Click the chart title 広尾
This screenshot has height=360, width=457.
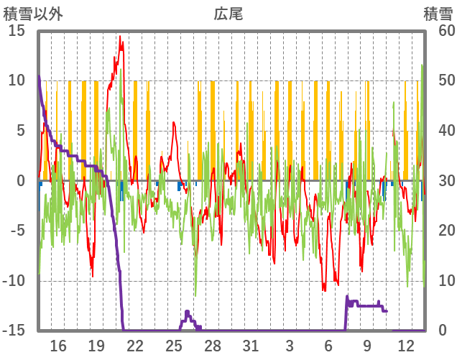pos(228,14)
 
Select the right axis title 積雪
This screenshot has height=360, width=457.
pos(437,14)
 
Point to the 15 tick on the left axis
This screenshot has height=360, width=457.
pos(17,31)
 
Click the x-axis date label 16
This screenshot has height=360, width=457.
pos(58,344)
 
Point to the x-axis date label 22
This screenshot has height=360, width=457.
pos(135,344)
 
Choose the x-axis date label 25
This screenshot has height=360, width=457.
pos(174,344)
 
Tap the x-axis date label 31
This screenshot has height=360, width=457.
pos(251,344)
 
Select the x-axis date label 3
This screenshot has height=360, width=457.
pos(290,344)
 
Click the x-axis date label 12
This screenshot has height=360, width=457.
pos(405,344)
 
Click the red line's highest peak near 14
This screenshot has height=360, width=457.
pos(120,37)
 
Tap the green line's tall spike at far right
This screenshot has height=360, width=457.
pos(422,66)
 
